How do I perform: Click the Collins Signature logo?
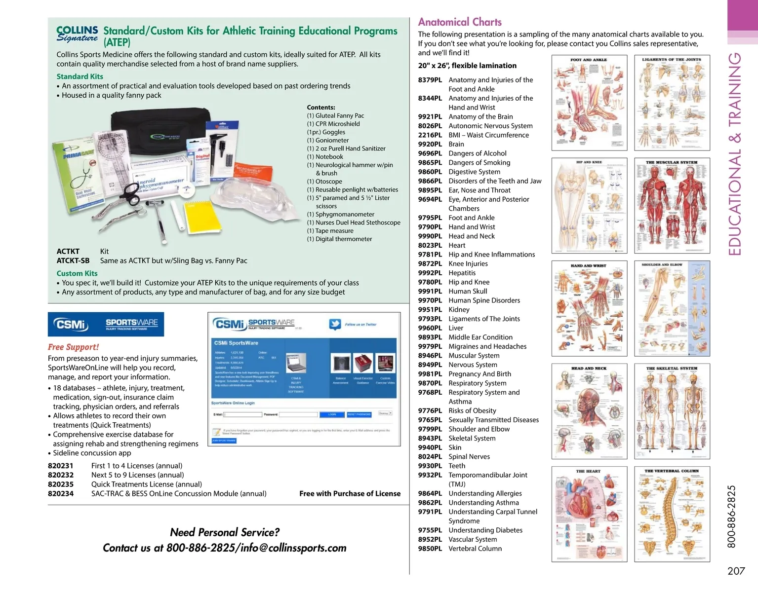coord(77,35)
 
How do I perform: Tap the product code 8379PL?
coord(430,80)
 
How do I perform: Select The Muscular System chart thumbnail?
coord(672,206)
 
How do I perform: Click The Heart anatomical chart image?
coord(589,514)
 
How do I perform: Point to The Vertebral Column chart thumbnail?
coord(672,514)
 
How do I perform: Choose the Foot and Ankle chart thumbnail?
coord(589,103)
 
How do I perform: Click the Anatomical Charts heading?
coord(459,22)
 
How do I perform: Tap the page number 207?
coord(736,571)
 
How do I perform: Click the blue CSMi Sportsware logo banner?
coord(106,325)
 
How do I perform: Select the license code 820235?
coord(61,484)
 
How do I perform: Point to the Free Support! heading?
coord(73,347)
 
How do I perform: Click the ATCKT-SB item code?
coord(73,261)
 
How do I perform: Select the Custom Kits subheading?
coord(77,273)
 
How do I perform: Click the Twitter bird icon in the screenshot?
coord(335,324)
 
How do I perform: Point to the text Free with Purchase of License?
coord(350,493)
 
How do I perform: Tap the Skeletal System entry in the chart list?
coord(472,438)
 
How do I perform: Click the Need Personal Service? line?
coord(225,532)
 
